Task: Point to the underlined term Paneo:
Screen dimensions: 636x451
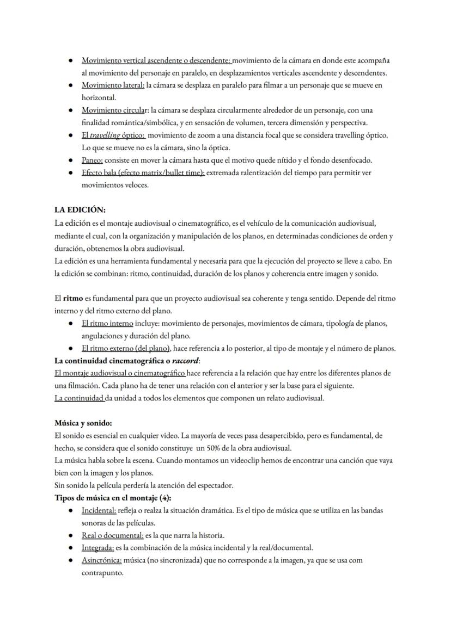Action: click(x=92, y=160)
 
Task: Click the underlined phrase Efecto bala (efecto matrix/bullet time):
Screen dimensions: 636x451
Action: click(x=143, y=172)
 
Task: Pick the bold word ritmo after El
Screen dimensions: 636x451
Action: click(x=73, y=299)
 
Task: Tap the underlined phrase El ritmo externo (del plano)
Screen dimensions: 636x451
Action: click(x=126, y=348)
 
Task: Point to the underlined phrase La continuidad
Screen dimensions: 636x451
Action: click(x=80, y=398)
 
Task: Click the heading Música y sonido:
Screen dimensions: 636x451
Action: click(x=83, y=423)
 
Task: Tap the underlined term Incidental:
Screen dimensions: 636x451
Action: click(x=99, y=510)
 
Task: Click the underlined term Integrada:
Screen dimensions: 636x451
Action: click(x=97, y=548)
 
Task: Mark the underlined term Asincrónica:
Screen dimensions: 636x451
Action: click(x=101, y=560)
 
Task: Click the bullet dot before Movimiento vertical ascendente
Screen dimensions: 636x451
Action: click(x=71, y=60)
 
